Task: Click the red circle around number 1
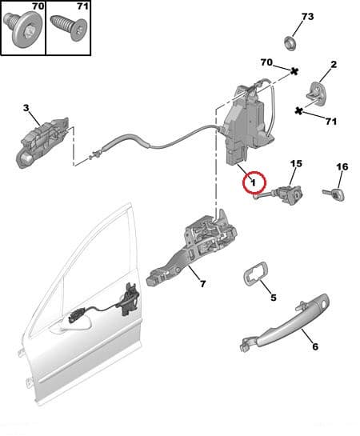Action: coord(253,183)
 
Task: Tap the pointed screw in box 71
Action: coord(68,31)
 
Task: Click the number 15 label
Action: coord(295,164)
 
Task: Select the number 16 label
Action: coord(342,167)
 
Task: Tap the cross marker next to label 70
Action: coord(294,72)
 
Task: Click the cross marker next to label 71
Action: coord(298,110)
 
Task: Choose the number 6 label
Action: coord(314,348)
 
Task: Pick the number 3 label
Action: coord(26,108)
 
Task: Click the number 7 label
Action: coord(202,283)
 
